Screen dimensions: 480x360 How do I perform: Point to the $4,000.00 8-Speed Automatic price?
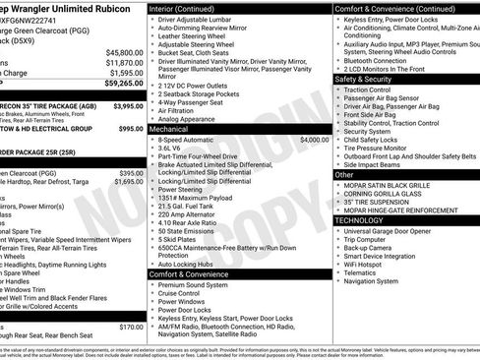(x=314, y=141)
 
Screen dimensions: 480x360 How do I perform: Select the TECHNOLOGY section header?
(x=359, y=221)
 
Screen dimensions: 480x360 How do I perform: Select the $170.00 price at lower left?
(x=131, y=327)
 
